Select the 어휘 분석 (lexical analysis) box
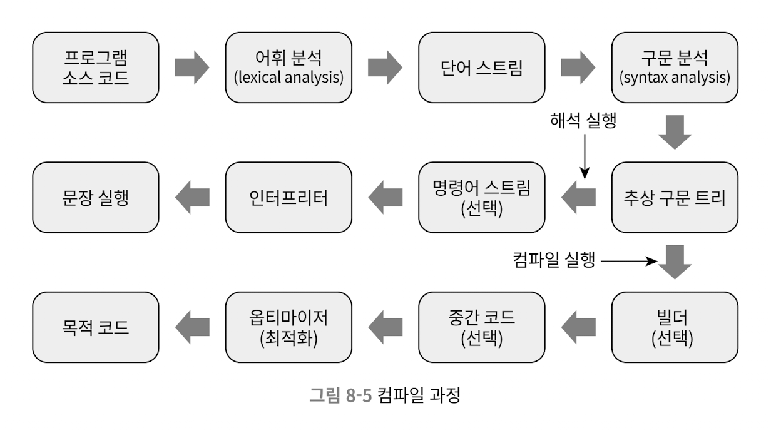(289, 68)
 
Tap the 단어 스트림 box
(482, 68)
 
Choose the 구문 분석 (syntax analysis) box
(675, 68)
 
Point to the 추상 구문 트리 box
(675, 198)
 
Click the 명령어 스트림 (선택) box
(482, 198)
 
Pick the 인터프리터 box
(289, 198)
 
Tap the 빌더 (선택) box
(675, 327)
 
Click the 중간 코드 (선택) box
(482, 327)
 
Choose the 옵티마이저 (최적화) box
(289, 327)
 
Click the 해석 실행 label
(583, 121)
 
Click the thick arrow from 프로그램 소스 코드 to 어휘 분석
(191, 68)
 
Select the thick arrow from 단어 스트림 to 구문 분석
(578, 68)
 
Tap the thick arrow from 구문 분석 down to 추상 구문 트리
(675, 132)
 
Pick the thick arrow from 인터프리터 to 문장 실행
(191, 198)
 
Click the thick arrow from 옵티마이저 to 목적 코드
(191, 327)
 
